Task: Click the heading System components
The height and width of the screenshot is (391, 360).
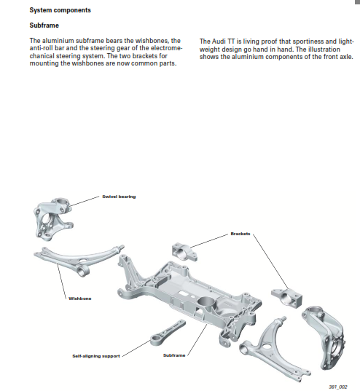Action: (x=60, y=10)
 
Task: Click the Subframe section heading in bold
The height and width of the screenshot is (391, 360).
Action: (x=44, y=25)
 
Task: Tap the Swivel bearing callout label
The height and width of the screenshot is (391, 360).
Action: (x=119, y=197)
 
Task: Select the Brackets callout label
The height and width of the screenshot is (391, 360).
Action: (x=240, y=234)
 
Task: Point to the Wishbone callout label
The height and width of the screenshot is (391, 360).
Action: (x=80, y=299)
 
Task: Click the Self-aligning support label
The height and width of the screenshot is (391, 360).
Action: (x=96, y=356)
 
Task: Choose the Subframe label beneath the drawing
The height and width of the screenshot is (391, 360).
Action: (x=174, y=355)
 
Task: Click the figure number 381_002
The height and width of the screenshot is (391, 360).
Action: (x=338, y=387)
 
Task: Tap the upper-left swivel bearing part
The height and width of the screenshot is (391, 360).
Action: (x=52, y=219)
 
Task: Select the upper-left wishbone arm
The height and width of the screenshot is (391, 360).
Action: (x=75, y=259)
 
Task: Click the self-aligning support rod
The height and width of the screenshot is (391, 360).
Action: (x=168, y=333)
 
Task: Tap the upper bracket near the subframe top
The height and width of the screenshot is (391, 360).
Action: (x=184, y=252)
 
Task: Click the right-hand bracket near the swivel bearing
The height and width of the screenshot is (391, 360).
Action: (x=287, y=298)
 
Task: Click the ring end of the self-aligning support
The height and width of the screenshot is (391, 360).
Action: (x=157, y=340)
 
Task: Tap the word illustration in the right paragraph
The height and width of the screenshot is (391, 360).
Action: (x=324, y=49)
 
